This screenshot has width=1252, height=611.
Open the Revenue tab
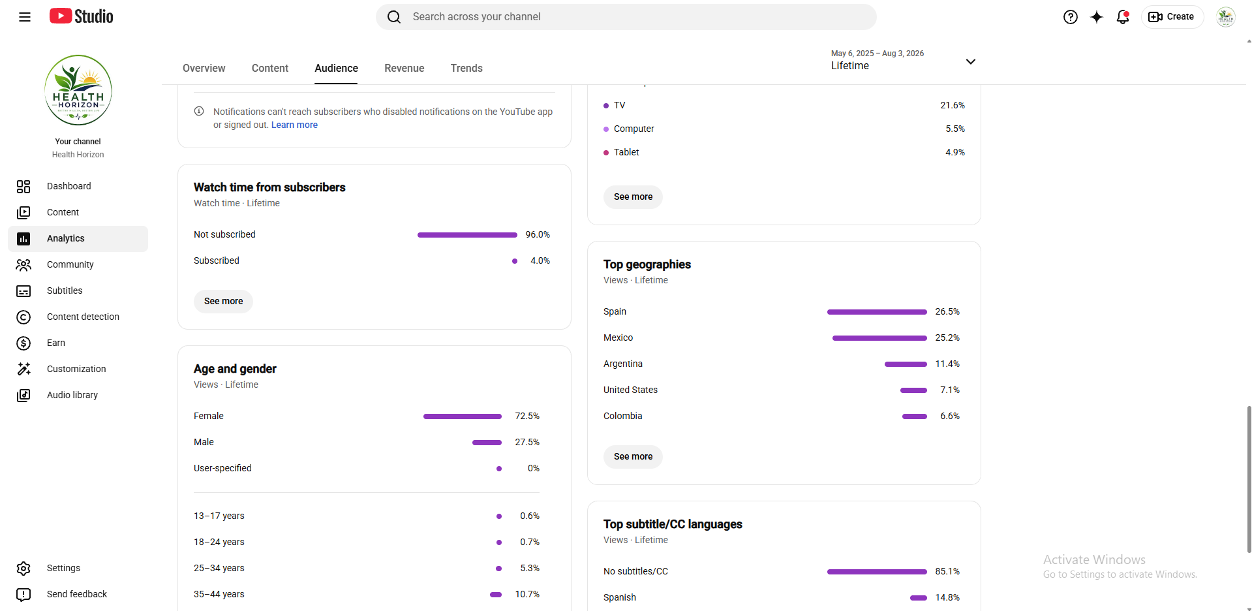click(404, 68)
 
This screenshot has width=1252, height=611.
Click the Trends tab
click(466, 68)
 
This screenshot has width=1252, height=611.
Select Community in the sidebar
click(70, 264)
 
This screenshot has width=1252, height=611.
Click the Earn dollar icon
click(23, 343)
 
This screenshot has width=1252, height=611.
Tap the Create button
click(1172, 17)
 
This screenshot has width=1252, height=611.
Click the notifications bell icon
click(1123, 17)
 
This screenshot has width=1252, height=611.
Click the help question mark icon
click(1071, 17)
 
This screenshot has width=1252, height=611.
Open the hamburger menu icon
click(25, 17)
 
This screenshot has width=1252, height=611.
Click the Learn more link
click(294, 125)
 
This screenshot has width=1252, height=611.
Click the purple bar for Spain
click(877, 312)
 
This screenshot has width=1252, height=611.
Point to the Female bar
click(463, 416)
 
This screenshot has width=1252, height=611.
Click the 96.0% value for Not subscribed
click(538, 234)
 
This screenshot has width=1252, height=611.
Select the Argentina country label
click(623, 364)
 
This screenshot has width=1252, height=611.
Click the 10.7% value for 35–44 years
click(527, 594)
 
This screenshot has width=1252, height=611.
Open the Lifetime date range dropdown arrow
click(971, 61)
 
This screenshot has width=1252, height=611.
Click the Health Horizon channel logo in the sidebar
click(78, 90)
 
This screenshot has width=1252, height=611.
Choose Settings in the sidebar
click(63, 568)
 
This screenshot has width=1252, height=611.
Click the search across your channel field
click(626, 17)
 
